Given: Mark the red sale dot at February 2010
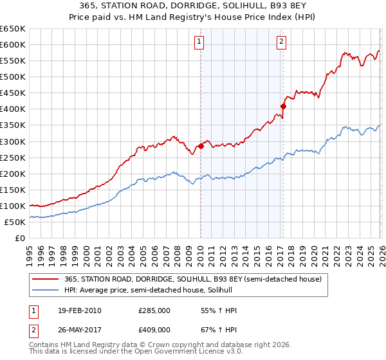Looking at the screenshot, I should click(x=201, y=146).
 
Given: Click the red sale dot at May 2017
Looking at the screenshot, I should click(x=283, y=106).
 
